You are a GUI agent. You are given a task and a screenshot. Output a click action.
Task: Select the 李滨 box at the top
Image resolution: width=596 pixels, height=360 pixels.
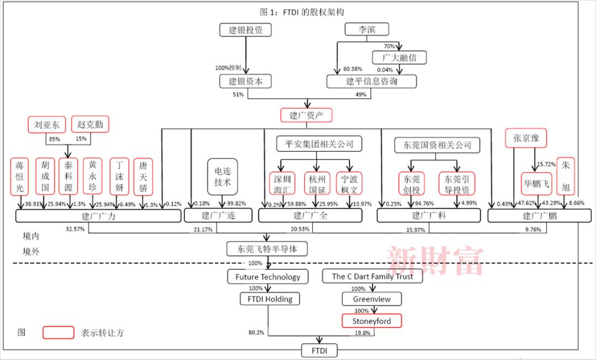[x=367, y=30]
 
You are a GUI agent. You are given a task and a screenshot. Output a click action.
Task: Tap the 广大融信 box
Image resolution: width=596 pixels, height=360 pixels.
[x=400, y=57]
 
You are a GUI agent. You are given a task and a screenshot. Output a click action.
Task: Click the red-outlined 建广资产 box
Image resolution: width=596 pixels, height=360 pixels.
[x=307, y=115]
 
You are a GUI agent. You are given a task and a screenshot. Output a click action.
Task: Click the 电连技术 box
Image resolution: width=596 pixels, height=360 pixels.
[x=222, y=177]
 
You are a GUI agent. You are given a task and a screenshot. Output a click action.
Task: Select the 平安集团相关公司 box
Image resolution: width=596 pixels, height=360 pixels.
[x=316, y=145]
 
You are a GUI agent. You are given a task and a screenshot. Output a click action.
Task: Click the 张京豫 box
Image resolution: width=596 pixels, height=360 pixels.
[x=526, y=138]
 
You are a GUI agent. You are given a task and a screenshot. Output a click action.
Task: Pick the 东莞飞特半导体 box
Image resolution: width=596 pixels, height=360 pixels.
[x=267, y=249]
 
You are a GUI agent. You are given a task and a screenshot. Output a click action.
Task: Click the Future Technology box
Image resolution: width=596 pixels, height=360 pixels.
[x=268, y=277]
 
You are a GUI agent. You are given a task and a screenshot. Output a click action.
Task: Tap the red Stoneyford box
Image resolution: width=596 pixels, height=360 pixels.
[x=369, y=320]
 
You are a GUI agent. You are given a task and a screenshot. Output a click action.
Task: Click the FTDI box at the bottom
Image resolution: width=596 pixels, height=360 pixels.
[x=319, y=350]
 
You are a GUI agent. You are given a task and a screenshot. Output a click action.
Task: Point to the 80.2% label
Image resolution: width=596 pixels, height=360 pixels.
[x=257, y=333]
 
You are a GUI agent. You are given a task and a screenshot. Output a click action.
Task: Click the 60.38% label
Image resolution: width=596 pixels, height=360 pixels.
[x=353, y=69]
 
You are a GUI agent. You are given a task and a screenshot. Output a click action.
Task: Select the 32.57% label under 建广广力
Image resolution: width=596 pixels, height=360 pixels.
[x=75, y=228]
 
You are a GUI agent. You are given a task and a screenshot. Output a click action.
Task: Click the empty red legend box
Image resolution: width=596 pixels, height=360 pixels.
[x=58, y=332]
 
